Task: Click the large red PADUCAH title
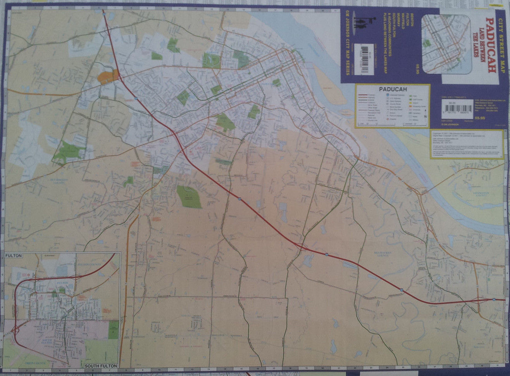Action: click(x=491, y=45)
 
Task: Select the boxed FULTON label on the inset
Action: click(x=14, y=256)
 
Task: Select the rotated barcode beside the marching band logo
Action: click(x=365, y=58)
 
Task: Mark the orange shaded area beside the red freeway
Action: click(x=108, y=77)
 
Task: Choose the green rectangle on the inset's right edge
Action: click(x=114, y=330)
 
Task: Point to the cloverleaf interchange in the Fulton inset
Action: click(x=16, y=330)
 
